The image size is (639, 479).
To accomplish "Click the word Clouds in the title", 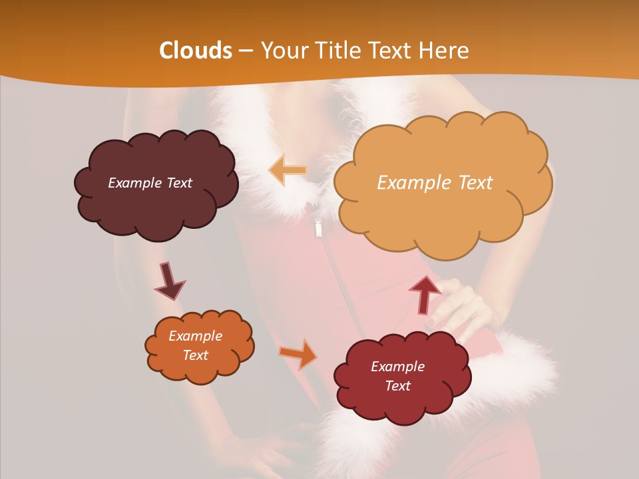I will coord(196,51).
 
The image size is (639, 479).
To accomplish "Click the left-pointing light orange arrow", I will coord(288,170).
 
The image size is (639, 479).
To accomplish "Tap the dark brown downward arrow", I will coord(169,281).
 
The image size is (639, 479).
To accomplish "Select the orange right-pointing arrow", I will coord(299,354).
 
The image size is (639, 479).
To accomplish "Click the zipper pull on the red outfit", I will coord(318,228).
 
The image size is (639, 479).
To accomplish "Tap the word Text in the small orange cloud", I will coord(195,355).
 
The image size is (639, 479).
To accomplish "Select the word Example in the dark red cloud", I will coord(397,367).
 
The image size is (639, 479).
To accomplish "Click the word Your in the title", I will coord(282,51).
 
